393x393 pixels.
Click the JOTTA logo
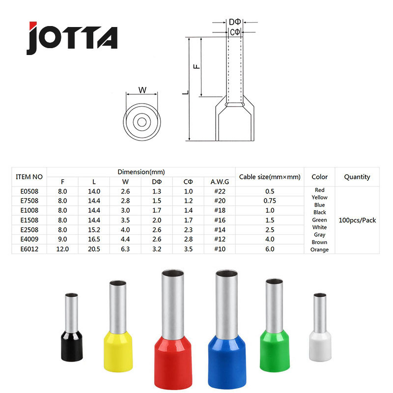(x=72, y=38)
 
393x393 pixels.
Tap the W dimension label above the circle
(x=142, y=90)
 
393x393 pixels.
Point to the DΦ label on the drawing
(x=235, y=22)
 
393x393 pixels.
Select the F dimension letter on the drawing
(x=197, y=66)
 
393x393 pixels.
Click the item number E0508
(x=29, y=191)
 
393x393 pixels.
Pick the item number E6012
(x=29, y=249)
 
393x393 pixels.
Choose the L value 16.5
(x=94, y=239)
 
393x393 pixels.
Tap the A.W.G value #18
(x=220, y=210)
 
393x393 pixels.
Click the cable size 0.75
(x=270, y=201)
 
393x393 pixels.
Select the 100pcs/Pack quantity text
(x=357, y=220)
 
